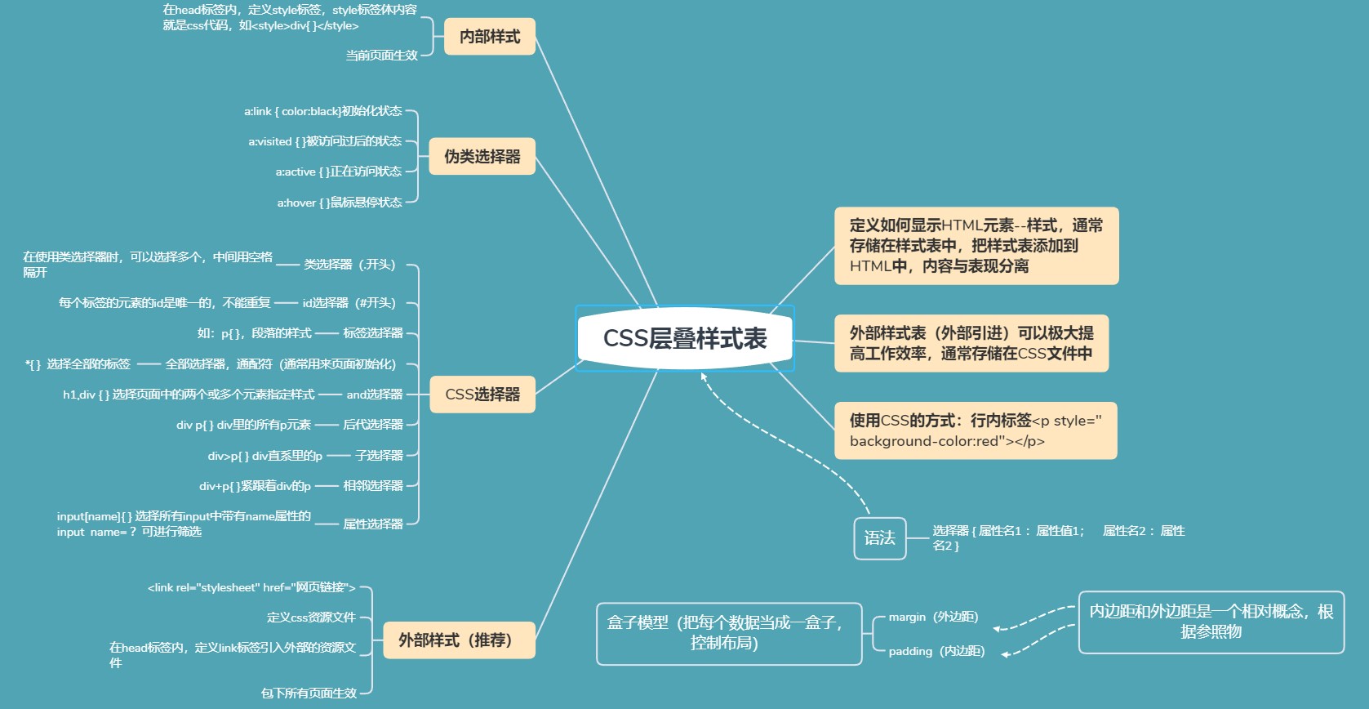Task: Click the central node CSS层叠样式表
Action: (685, 339)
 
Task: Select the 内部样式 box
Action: (489, 37)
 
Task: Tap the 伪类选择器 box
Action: (482, 156)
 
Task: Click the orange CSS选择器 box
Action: (482, 395)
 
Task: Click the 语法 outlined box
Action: (879, 538)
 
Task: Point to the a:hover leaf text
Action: (340, 203)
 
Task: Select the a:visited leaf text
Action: (325, 141)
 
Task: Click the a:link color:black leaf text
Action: (322, 111)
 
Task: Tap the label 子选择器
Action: (379, 455)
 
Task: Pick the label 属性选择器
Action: (373, 524)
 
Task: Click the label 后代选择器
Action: (373, 425)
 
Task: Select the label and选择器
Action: (375, 395)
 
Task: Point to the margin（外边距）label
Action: (933, 617)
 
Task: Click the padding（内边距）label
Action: (936, 651)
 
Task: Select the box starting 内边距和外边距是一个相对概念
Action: (1211, 622)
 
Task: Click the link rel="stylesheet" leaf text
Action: (251, 587)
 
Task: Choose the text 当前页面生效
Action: (381, 56)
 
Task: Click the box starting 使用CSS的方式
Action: (975, 430)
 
